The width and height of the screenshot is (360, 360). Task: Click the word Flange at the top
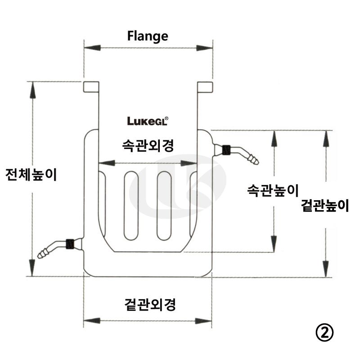tap(148, 36)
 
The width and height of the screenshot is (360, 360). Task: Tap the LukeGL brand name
tap(148, 121)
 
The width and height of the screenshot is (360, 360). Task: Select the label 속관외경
tap(148, 145)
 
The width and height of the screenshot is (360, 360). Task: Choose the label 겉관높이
tap(325, 206)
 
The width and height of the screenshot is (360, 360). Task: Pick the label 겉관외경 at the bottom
tap(148, 305)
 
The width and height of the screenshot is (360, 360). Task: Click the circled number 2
tap(324, 333)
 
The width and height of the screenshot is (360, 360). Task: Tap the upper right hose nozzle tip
tap(255, 159)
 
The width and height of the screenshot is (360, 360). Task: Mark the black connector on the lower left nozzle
tap(70, 243)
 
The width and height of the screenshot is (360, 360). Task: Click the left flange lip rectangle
tap(91, 86)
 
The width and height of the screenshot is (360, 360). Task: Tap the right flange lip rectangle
tap(204, 86)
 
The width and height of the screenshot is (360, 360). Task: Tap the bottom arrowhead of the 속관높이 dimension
tap(273, 246)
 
